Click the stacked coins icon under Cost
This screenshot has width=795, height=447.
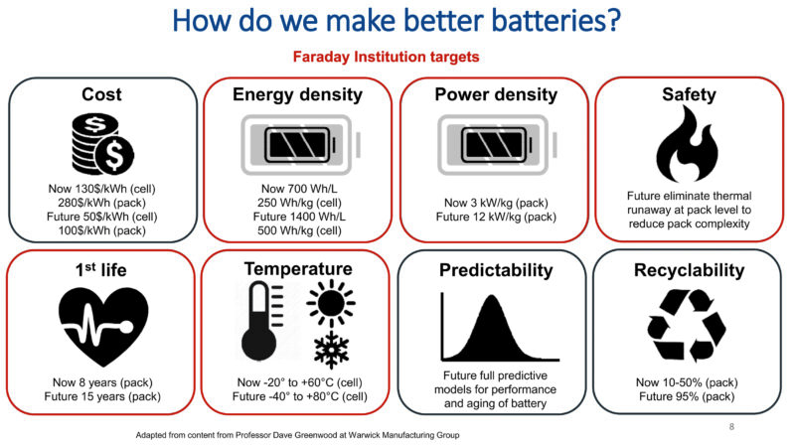(102, 144)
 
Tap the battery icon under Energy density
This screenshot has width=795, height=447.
(301, 145)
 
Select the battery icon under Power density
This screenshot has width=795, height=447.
(498, 145)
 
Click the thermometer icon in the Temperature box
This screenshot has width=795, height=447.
(261, 320)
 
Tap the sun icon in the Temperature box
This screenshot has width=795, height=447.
(331, 303)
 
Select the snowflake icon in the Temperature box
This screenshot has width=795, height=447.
(331, 350)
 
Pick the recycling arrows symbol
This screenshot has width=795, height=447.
(687, 326)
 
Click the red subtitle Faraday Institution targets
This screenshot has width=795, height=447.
(386, 57)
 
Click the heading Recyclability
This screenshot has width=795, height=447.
(689, 270)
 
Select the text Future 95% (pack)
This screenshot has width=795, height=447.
(687, 396)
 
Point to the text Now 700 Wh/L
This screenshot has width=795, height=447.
(299, 189)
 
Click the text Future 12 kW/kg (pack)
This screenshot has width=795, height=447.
(496, 217)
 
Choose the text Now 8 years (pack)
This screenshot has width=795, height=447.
(102, 382)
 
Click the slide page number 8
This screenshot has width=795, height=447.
(731, 427)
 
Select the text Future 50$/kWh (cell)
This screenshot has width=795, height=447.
(102, 217)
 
